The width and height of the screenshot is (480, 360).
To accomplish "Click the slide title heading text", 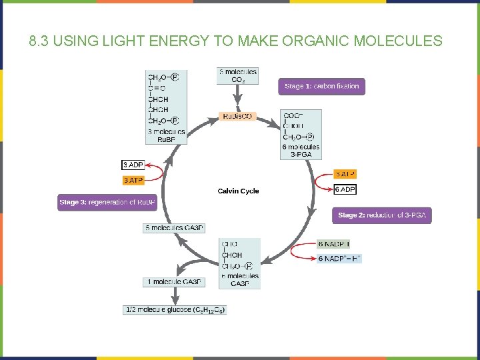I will [236, 41].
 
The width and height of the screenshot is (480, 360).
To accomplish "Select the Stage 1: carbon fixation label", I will [321, 87].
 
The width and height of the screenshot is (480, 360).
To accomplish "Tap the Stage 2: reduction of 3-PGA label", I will [381, 215].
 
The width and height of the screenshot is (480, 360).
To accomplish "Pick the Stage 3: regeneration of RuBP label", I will [107, 203].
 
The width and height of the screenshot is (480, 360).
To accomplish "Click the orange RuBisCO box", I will [237, 117].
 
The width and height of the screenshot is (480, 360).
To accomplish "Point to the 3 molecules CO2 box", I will [238, 75].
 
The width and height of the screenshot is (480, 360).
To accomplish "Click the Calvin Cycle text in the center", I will [238, 191].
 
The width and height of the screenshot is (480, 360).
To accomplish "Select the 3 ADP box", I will [133, 165].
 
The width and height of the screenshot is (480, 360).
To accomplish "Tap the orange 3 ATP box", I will [133, 180].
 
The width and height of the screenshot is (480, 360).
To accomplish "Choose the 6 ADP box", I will [345, 190].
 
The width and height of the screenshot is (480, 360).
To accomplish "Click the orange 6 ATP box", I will [345, 174].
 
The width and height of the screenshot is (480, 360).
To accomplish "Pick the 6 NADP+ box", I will [339, 259].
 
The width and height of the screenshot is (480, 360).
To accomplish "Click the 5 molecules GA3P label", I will [174, 228].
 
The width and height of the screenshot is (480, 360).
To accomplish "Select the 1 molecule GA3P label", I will [173, 282].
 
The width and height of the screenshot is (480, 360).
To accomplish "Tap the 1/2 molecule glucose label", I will [175, 310].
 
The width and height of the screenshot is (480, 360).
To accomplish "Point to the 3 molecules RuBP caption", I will [166, 135].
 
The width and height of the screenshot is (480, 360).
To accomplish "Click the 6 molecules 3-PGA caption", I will [301, 151].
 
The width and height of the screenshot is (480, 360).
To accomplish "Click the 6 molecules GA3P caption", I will [239, 280].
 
